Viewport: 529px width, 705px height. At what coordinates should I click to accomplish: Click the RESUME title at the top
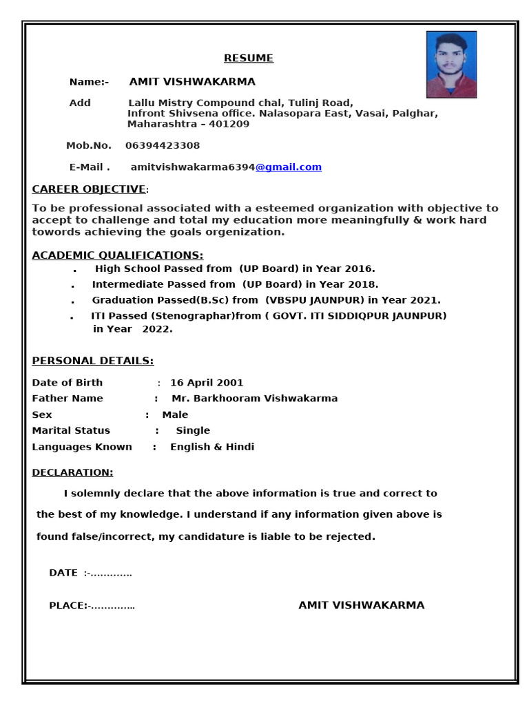[x=249, y=59]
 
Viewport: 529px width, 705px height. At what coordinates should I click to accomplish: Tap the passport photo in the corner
[x=451, y=65]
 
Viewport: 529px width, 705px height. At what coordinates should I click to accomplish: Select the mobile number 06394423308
[x=163, y=146]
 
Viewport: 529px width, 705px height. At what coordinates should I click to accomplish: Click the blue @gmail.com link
[x=289, y=167]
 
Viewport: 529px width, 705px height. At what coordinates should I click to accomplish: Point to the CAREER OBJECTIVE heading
[x=89, y=189]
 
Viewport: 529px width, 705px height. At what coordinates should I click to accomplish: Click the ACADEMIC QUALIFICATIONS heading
[x=118, y=255]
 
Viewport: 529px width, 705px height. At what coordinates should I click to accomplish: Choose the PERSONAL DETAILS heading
[x=93, y=361]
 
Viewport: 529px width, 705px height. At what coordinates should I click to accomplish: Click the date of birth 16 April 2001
[x=207, y=383]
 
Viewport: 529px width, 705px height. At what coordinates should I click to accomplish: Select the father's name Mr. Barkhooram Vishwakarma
[x=254, y=399]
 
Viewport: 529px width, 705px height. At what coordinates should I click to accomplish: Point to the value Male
[x=175, y=415]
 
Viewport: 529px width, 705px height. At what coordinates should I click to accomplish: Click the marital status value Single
[x=193, y=431]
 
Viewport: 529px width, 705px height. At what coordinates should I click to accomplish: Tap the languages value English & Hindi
[x=212, y=447]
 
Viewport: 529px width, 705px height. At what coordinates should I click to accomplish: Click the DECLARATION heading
[x=72, y=472]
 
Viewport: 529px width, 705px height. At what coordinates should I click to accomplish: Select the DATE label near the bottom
[x=63, y=573]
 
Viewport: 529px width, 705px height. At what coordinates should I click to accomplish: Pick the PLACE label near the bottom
[x=66, y=606]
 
